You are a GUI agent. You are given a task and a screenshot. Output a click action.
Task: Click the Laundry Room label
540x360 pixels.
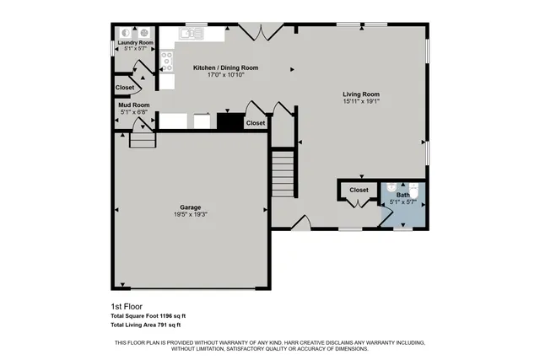click(x=136, y=42)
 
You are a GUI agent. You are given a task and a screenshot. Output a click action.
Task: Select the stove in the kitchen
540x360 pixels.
click(x=167, y=59)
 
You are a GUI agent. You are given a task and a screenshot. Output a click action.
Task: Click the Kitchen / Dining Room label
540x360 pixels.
click(x=225, y=67)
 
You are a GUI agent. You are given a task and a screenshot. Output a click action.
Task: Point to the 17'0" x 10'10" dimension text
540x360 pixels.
click(x=225, y=75)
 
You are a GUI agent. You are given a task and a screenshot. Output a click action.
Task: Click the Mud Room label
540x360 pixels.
click(x=134, y=105)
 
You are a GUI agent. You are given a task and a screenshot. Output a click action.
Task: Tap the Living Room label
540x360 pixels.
click(x=360, y=94)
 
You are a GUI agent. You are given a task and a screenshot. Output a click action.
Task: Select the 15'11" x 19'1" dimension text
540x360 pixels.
click(x=360, y=102)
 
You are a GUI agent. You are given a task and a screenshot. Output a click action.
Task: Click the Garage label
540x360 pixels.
click(x=189, y=207)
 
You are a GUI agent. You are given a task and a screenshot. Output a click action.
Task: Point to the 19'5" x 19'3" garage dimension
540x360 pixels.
click(x=189, y=214)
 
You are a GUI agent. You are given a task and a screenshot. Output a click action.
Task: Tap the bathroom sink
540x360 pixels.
click(x=391, y=189)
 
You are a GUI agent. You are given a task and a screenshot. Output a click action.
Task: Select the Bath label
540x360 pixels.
click(x=403, y=196)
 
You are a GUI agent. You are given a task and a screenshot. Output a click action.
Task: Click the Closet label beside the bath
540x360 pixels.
click(x=359, y=191)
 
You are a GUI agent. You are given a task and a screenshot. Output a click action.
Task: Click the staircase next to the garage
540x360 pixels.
click(x=283, y=174)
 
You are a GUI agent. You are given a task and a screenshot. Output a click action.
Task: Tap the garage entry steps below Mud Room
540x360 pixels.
click(x=143, y=139)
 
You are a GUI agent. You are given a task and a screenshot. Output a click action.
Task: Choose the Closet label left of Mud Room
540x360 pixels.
click(x=125, y=88)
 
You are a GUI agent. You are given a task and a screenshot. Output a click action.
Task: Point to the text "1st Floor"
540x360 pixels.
click(x=126, y=306)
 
